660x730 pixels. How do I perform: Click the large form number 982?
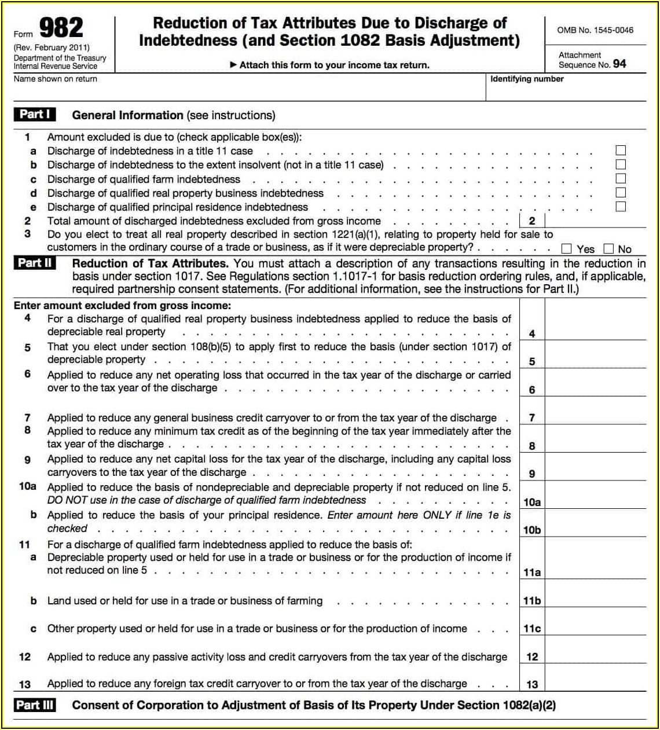[61, 28]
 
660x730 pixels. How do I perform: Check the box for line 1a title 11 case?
[621, 151]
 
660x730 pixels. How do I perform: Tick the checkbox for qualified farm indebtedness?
[621, 179]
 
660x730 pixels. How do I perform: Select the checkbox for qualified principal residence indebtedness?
[621, 207]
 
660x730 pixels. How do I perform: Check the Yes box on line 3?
[567, 249]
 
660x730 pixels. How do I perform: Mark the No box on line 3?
[608, 249]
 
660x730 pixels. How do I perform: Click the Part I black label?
[35, 115]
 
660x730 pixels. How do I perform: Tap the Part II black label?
[35, 263]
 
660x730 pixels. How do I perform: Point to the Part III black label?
[35, 705]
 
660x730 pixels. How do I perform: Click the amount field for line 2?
[595, 221]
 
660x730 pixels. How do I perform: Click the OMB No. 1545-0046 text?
[595, 30]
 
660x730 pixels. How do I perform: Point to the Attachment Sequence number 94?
[619, 64]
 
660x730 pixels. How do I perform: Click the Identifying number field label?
[527, 79]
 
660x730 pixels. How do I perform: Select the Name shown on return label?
[56, 79]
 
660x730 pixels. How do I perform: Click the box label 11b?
[532, 601]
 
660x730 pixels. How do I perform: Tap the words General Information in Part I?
[127, 115]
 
